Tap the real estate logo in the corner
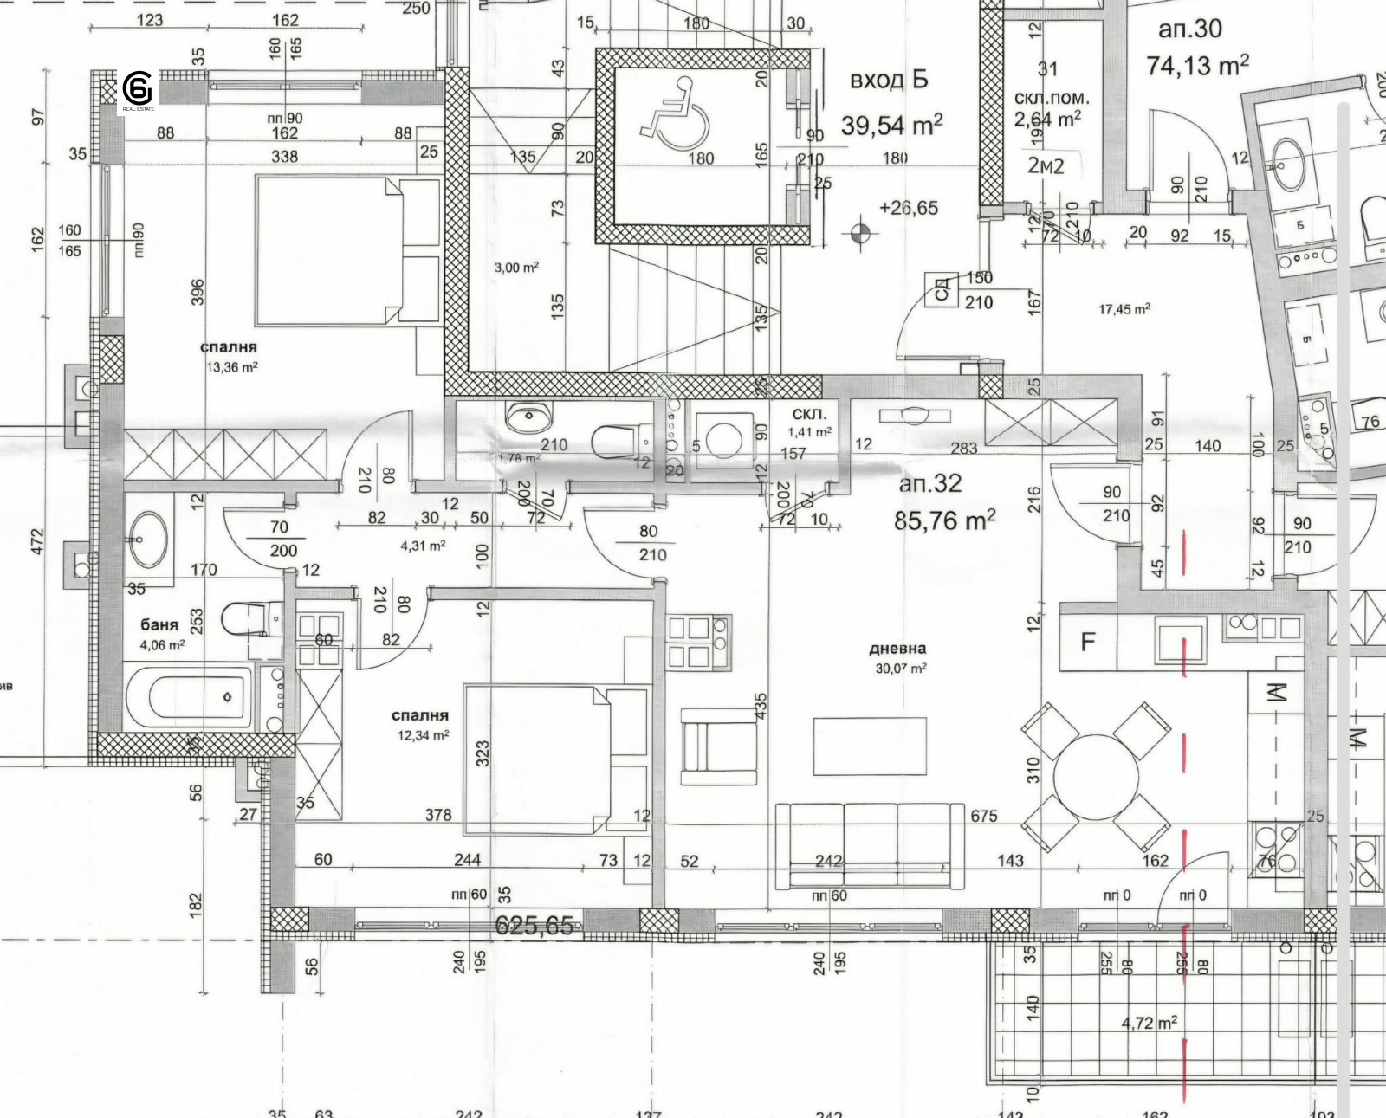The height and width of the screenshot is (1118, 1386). coord(138,90)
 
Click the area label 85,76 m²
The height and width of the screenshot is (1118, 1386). coord(944,520)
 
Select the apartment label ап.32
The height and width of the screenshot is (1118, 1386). coord(929,483)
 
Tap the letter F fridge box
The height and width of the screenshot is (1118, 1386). coord(1088,642)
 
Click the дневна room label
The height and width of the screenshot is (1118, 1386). coord(897,648)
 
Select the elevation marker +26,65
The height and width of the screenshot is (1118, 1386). coord(908,208)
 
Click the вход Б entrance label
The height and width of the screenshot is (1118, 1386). coord(889,80)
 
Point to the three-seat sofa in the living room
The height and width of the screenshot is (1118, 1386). coord(869,844)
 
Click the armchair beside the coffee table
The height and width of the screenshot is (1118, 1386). coord(721,746)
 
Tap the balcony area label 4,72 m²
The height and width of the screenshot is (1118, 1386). coord(1149,1023)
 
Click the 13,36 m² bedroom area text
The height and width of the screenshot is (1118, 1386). coord(231,366)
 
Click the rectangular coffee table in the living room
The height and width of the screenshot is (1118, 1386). coord(869,746)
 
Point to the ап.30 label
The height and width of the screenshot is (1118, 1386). coord(1189,29)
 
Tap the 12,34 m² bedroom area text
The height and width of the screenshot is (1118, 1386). coord(423,735)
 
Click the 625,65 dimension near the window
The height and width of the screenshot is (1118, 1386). coord(534,925)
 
